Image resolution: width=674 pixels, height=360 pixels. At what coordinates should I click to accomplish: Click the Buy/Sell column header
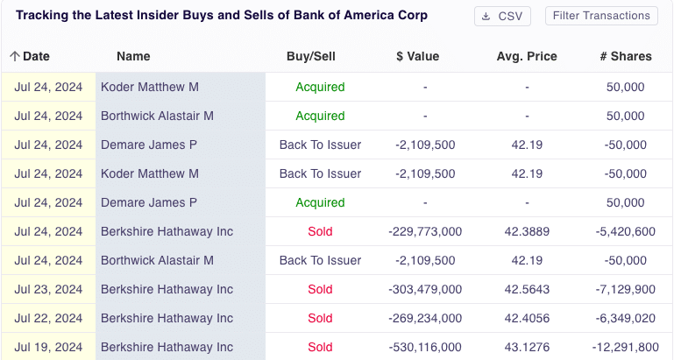pyautogui.click(x=311, y=56)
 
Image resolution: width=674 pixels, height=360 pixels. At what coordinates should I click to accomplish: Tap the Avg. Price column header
pyautogui.click(x=527, y=56)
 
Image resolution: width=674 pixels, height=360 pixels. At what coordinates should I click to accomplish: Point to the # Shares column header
pyautogui.click(x=626, y=56)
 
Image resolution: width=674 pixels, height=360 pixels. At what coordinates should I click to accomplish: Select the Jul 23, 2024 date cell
pyautogui.click(x=48, y=289)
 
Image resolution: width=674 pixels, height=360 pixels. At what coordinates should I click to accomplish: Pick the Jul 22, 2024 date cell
pyautogui.click(x=48, y=318)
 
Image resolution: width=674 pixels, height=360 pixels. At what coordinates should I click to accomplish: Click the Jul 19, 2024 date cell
pyautogui.click(x=48, y=347)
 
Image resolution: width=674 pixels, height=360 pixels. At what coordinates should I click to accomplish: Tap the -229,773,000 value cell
pyautogui.click(x=425, y=231)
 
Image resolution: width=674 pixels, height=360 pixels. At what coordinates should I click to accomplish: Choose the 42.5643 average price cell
pyautogui.click(x=527, y=289)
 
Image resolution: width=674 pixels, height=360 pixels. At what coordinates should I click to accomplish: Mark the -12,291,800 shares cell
pyautogui.click(x=626, y=347)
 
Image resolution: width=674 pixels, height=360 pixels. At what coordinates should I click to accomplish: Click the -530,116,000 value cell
pyautogui.click(x=425, y=347)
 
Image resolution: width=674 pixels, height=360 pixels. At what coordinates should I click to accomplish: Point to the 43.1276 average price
pyautogui.click(x=527, y=347)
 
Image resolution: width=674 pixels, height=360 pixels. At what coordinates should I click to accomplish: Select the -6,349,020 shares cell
pyautogui.click(x=626, y=318)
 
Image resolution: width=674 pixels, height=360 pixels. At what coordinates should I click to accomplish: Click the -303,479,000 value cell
pyautogui.click(x=425, y=289)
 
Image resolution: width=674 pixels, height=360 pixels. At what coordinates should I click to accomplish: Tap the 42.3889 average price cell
pyautogui.click(x=527, y=231)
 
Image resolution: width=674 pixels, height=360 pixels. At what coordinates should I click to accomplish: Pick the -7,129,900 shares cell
pyautogui.click(x=626, y=289)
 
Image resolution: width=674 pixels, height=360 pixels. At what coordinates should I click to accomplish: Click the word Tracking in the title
pyautogui.click(x=43, y=16)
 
